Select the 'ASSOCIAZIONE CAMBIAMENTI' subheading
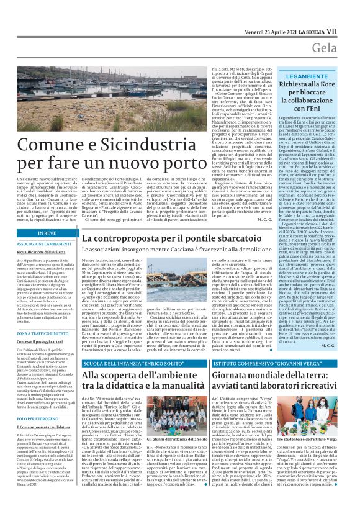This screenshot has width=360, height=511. pyautogui.click(x=43, y=244)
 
